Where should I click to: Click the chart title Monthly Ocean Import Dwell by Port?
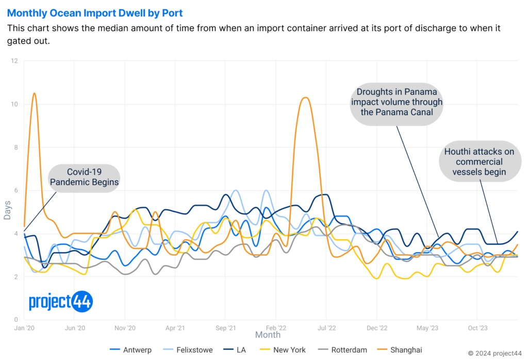(x=95, y=13)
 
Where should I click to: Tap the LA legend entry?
(x=240, y=350)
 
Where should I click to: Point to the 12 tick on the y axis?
(x=14, y=61)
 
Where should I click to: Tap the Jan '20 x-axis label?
(x=24, y=328)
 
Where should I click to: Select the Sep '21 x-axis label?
(x=225, y=328)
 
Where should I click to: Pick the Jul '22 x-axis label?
(x=325, y=328)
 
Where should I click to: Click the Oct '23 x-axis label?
(x=476, y=328)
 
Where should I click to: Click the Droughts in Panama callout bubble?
(x=397, y=103)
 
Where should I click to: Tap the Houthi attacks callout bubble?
(x=480, y=162)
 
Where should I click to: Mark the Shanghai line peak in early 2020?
(x=34, y=93)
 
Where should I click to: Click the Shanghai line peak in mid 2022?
(x=305, y=97)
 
